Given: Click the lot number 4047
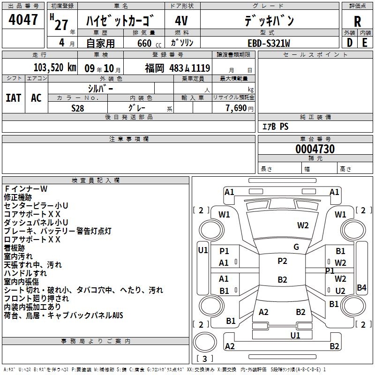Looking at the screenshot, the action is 23,20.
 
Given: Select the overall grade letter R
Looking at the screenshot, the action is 357,22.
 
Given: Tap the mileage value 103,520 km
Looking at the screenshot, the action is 55,67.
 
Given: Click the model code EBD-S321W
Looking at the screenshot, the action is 269,43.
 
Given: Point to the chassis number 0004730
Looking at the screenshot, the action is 315,149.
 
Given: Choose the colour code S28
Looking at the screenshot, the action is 77,108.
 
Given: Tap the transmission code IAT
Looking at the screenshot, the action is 14,98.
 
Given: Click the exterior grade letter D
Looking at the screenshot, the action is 350,43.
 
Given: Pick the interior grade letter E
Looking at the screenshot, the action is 365,43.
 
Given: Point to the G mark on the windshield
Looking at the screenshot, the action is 296,247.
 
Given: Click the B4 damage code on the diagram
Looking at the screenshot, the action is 361,287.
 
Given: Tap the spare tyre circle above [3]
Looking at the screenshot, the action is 205,342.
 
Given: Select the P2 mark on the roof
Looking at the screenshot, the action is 282,261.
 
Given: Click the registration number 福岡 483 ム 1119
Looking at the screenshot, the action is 178,68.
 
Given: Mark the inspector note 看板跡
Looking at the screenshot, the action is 15,248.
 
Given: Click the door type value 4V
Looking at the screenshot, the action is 181,21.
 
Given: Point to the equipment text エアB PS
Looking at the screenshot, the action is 276,126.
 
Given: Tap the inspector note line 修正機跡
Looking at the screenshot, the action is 18,197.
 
